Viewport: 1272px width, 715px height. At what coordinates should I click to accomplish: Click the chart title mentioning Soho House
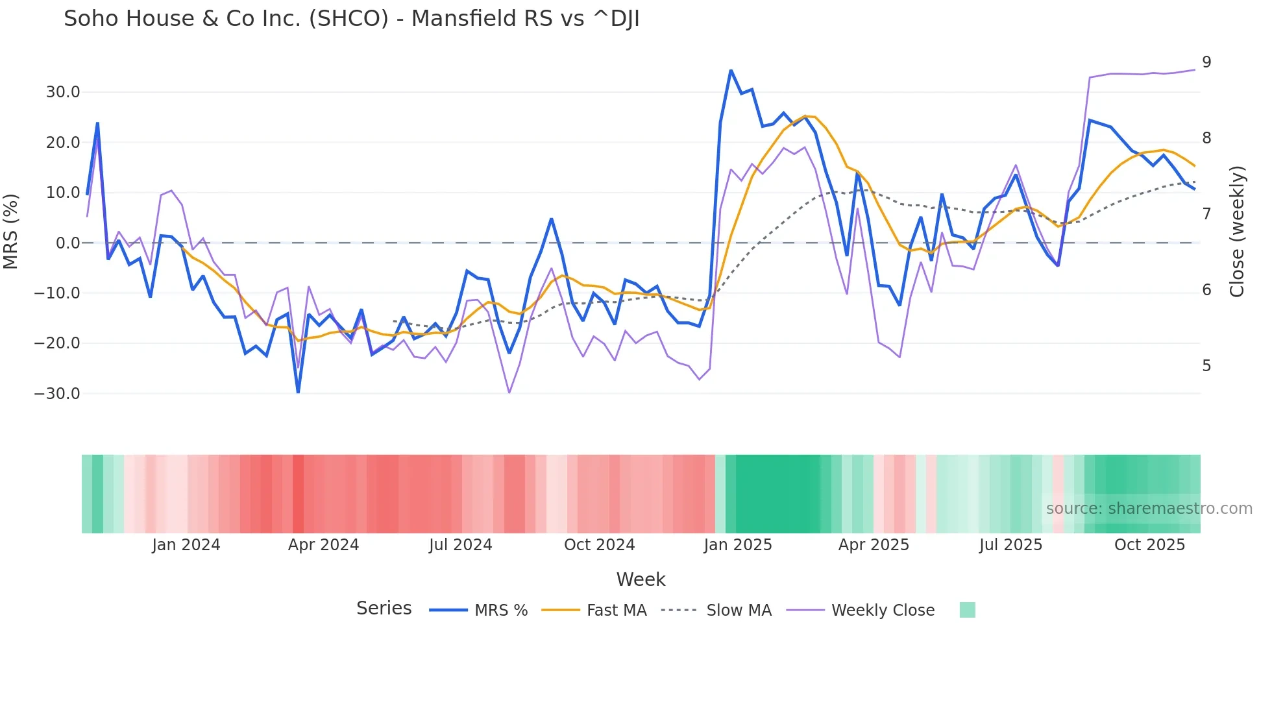351,19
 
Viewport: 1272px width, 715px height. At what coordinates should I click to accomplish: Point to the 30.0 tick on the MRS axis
63,92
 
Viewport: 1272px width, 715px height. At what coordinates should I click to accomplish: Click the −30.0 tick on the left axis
57,394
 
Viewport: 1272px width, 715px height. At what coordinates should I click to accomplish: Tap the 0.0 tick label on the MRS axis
67,243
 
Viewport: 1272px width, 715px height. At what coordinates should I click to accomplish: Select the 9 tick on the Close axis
1206,62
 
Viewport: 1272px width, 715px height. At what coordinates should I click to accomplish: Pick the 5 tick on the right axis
1206,366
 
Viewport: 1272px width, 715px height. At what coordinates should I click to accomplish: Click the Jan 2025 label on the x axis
738,545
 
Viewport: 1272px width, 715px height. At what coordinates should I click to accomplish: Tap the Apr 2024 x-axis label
323,545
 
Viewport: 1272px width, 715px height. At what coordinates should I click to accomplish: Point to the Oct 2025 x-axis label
1149,545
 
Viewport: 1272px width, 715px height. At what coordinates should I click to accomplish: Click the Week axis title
641,579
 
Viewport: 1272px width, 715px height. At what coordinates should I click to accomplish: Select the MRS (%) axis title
11,231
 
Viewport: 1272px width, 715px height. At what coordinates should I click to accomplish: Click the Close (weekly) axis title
1237,231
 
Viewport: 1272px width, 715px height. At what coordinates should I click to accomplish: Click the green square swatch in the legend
967,610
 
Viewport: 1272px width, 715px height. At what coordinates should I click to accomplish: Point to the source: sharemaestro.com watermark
1149,509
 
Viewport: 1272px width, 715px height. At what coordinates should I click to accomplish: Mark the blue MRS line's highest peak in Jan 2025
731,70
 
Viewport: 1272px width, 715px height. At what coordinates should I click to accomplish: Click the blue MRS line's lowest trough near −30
298,392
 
